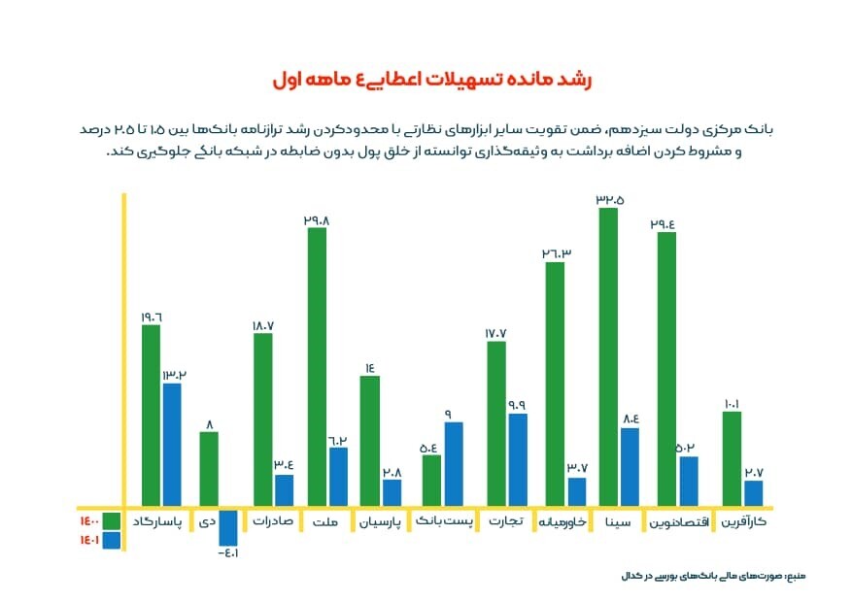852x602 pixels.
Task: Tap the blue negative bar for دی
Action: click(x=228, y=527)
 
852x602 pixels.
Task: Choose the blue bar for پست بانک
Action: click(x=454, y=463)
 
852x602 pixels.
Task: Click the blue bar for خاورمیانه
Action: click(x=577, y=491)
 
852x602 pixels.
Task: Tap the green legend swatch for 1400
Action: click(x=110, y=520)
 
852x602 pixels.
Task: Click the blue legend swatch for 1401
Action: click(x=110, y=540)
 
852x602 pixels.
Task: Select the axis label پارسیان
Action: click(x=380, y=522)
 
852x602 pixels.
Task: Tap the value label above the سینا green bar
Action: click(x=609, y=199)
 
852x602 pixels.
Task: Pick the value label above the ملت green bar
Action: click(x=317, y=220)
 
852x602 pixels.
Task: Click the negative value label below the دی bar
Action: click(x=227, y=553)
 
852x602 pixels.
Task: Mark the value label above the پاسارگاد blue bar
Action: click(x=173, y=375)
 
